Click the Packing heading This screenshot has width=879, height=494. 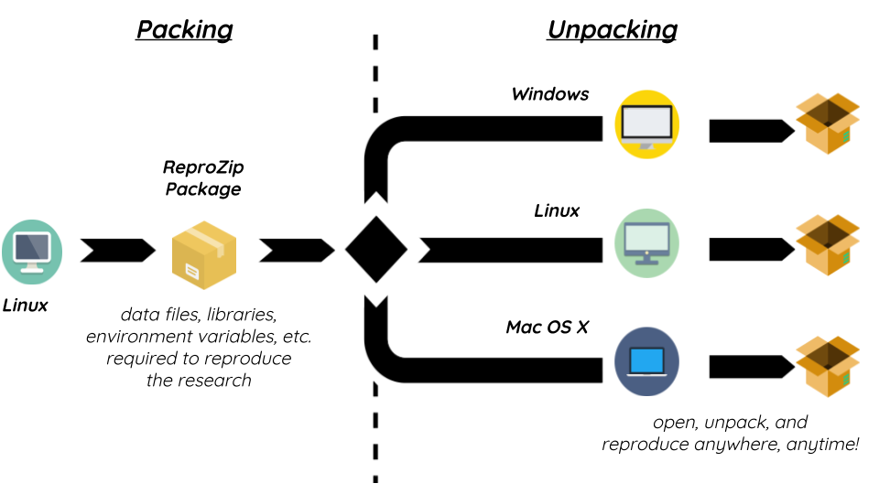coord(184,29)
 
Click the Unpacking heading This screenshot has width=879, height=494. coord(612,29)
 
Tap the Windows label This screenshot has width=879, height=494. coord(549,94)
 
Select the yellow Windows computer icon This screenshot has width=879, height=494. coord(646,124)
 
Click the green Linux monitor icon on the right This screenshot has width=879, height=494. coord(646,242)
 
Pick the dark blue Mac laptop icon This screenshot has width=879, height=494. coord(646,361)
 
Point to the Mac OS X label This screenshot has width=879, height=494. coord(547,327)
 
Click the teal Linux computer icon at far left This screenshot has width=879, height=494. coord(32,251)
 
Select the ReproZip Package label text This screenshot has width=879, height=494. coord(202,178)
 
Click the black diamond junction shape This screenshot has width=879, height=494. coord(375,248)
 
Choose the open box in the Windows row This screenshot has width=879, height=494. coord(828,124)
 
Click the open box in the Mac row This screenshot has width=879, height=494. coord(828,366)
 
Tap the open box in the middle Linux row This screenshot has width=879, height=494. coord(828,245)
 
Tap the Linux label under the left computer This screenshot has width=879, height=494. coord(26,305)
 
